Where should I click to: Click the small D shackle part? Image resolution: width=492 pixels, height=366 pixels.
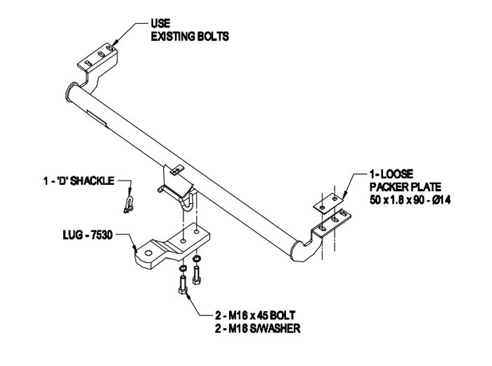pos(128,204)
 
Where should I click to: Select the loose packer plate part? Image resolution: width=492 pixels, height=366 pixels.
pos(329,202)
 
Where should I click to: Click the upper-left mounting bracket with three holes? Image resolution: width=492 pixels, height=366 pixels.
pos(96,58)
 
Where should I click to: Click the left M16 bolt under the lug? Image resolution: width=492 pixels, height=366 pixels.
pos(184,285)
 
